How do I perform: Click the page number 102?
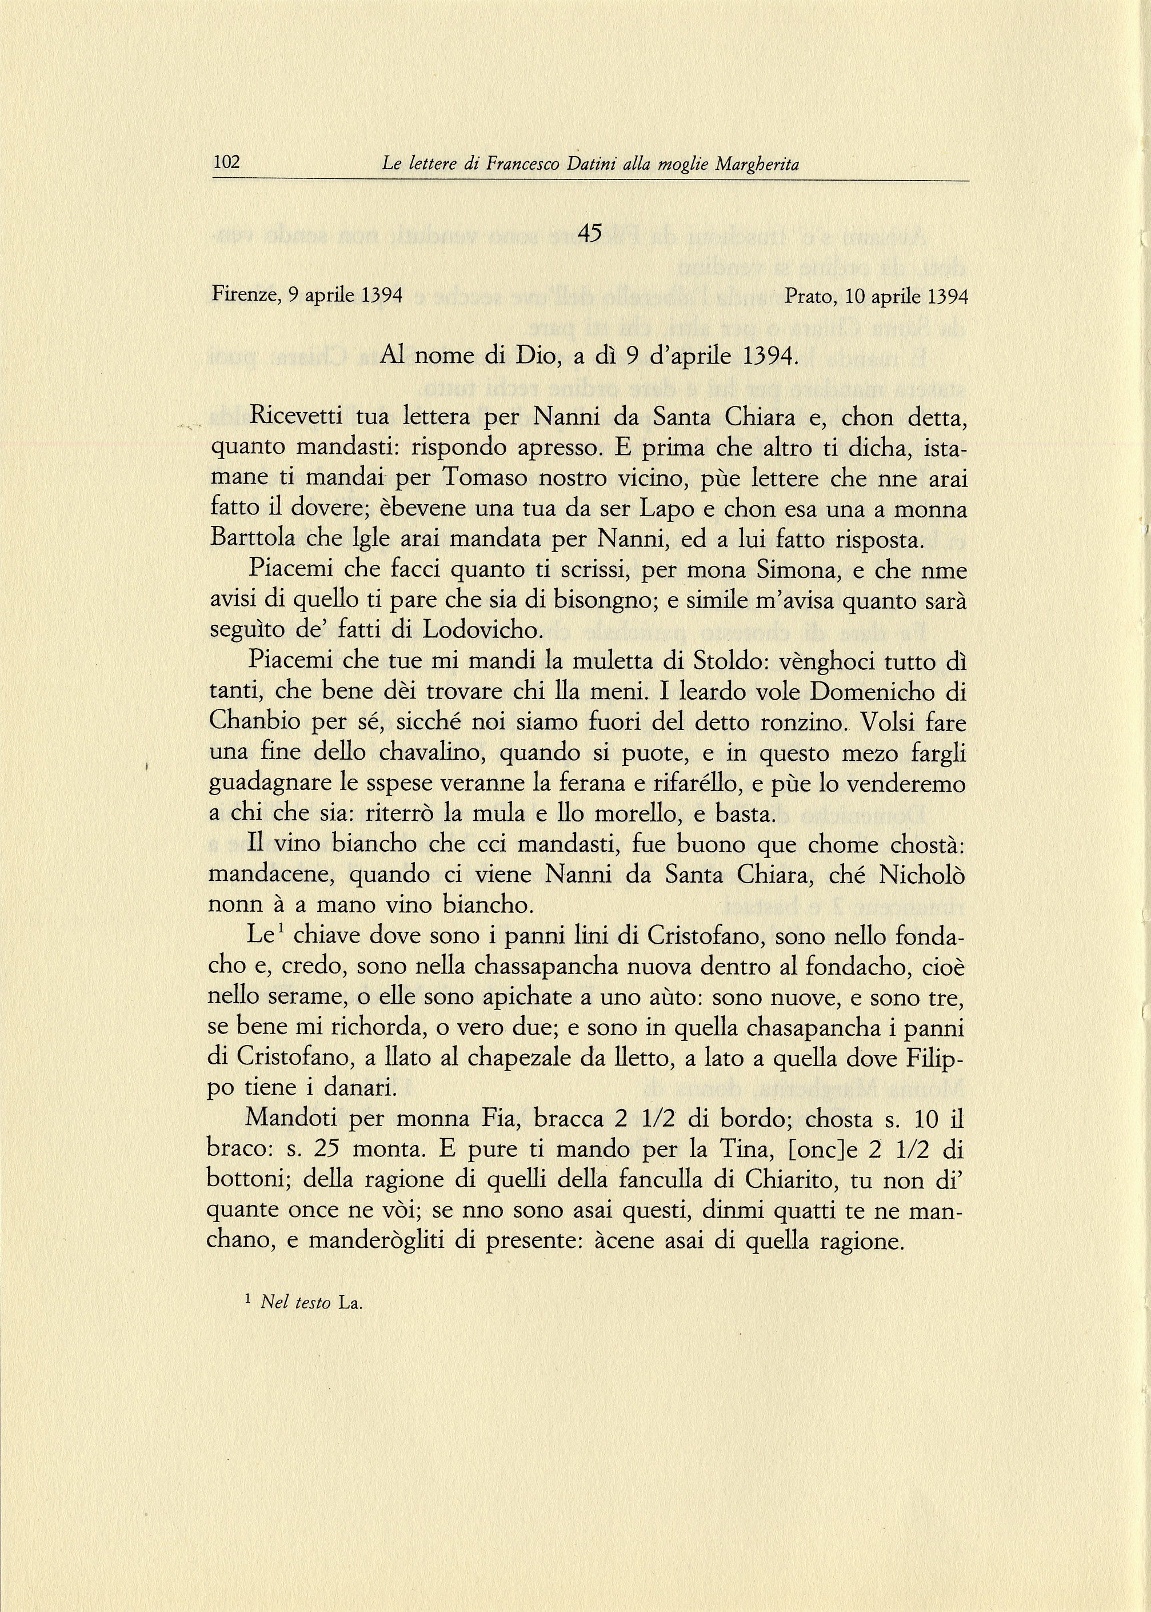coord(227,163)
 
